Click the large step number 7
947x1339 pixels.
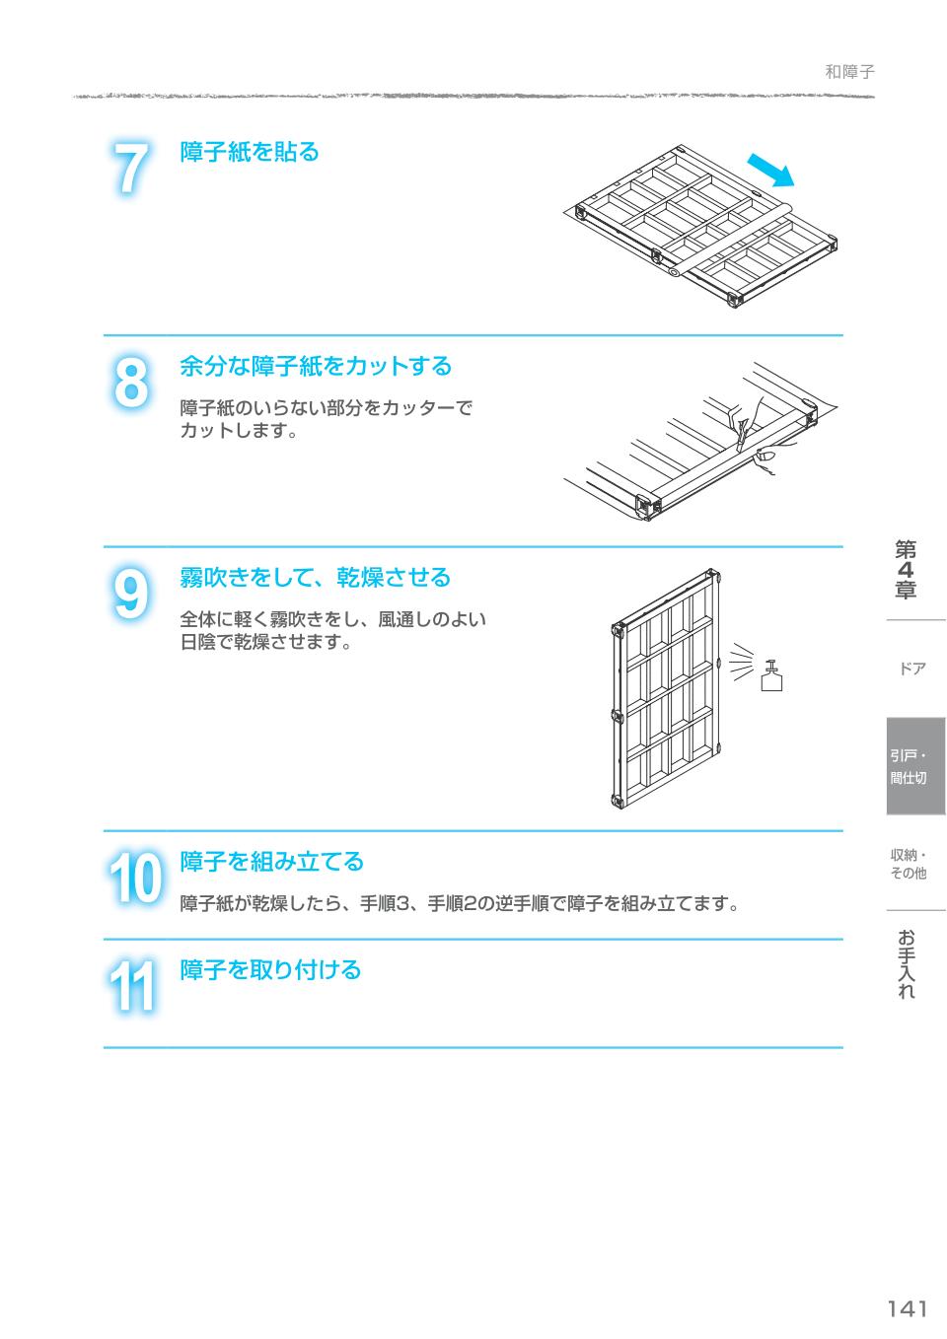tap(130, 169)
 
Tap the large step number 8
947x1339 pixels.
tap(130, 383)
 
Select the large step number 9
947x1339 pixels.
tap(130, 596)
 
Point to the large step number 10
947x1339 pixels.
tap(133, 879)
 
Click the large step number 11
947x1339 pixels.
tap(132, 986)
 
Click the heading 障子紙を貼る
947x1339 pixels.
tap(250, 152)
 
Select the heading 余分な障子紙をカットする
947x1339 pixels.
tap(316, 366)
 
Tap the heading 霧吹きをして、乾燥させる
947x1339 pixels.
tap(315, 577)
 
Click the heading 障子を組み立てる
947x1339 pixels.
tap(272, 862)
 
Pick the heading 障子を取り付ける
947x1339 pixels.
tap(270, 969)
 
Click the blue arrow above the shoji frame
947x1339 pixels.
tap(770, 170)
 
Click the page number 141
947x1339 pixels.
tap(907, 1308)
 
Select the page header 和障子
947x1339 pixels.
tap(849, 72)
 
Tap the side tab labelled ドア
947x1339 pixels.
tap(912, 669)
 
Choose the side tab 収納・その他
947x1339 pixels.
tap(909, 864)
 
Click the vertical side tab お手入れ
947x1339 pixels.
tap(907, 964)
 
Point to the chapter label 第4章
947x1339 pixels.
tap(906, 570)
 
